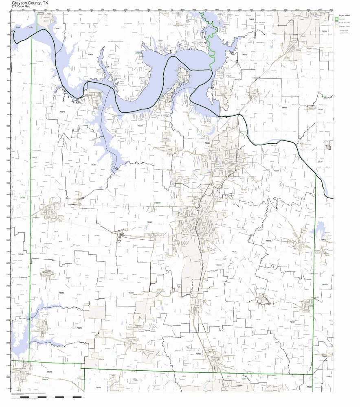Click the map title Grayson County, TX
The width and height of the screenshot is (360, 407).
31,2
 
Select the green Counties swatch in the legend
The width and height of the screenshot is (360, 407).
336,19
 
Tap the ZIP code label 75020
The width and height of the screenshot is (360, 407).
207,143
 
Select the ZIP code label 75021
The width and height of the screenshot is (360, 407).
276,171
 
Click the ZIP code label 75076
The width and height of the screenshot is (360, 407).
140,126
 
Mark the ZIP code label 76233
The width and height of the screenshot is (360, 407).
61,293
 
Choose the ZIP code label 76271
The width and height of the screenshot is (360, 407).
79,328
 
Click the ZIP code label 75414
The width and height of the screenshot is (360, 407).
269,241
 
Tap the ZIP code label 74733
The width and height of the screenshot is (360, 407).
285,107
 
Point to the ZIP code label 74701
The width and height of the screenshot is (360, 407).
324,31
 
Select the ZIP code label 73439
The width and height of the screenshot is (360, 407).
90,55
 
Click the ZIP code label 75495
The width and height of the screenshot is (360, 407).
198,354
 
